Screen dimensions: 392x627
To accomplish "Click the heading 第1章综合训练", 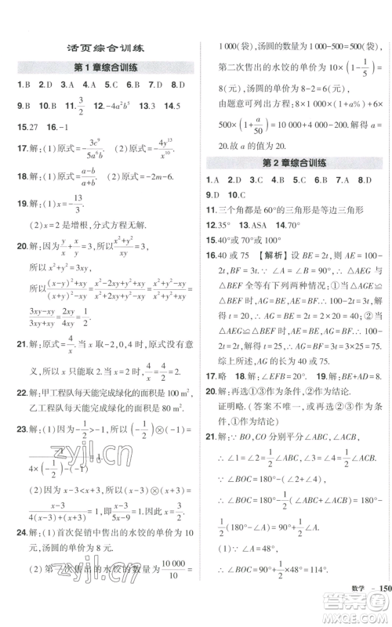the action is point(103,68).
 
